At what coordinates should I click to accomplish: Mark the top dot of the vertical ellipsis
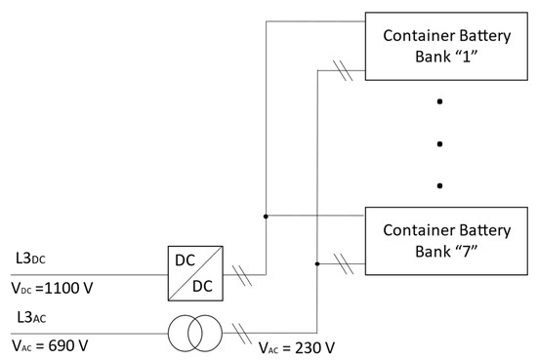440,101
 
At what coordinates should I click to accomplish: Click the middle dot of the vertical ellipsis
440,143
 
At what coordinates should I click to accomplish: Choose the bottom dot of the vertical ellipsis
440,185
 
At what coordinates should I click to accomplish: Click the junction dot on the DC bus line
267,216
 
